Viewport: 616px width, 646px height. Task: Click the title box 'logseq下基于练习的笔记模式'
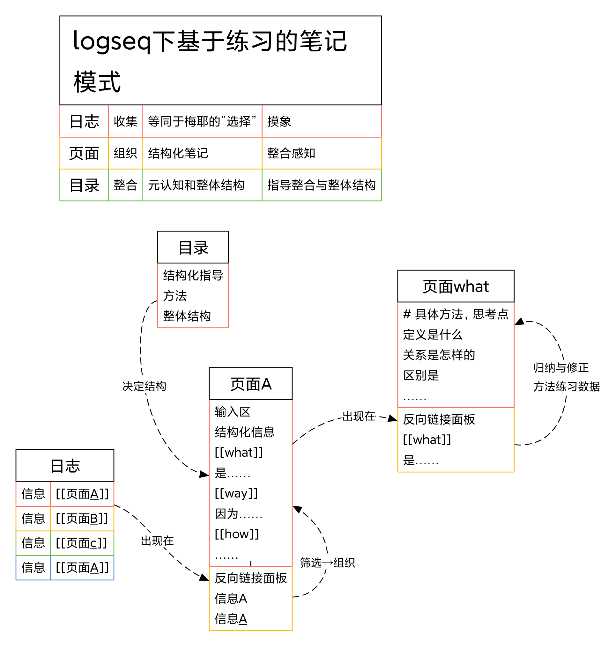click(220, 60)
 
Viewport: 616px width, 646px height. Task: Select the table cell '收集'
click(125, 121)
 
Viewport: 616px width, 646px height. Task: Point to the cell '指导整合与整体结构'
click(321, 185)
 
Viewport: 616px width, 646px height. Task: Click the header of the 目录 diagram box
click(193, 247)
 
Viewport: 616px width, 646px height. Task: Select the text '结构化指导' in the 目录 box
click(193, 275)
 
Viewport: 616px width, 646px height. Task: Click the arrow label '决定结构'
click(144, 386)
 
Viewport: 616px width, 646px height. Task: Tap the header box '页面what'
click(456, 286)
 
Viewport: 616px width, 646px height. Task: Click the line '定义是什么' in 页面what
click(433, 335)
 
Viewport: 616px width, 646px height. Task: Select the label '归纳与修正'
click(560, 367)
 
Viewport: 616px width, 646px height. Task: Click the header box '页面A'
click(250, 383)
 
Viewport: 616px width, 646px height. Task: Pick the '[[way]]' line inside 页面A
click(236, 493)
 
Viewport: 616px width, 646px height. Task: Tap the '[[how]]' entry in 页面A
click(237, 534)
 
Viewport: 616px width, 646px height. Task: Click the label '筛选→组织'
click(327, 562)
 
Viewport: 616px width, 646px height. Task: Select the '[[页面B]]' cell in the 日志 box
click(82, 519)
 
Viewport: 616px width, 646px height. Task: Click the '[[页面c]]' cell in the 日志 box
click(81, 543)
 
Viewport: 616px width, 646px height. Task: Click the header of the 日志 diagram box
click(65, 465)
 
